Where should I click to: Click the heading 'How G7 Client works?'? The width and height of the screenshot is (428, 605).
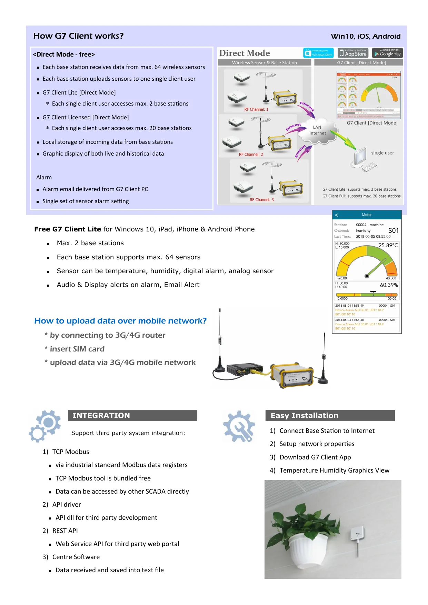coord(78,36)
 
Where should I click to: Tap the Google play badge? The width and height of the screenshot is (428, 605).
coord(387,53)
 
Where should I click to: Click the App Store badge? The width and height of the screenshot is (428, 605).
coord(353,53)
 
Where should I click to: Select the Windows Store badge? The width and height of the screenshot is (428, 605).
coord(318,53)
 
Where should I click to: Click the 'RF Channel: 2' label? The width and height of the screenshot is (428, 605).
coord(251,155)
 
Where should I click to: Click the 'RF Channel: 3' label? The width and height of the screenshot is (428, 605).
coord(262,200)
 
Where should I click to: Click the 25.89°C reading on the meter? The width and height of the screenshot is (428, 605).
coord(388,246)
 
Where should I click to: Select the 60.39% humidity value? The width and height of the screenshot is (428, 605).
coord(389,285)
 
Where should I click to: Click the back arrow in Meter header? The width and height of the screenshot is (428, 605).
coord(337,215)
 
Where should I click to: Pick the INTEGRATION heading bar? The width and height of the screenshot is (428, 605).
coord(132,416)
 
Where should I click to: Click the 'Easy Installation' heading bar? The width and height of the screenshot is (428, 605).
coord(330,416)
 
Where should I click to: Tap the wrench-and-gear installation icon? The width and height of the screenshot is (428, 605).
coord(239,427)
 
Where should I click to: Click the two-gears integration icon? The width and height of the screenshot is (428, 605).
coord(45,426)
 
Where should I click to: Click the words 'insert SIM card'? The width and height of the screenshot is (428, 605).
coord(77,349)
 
